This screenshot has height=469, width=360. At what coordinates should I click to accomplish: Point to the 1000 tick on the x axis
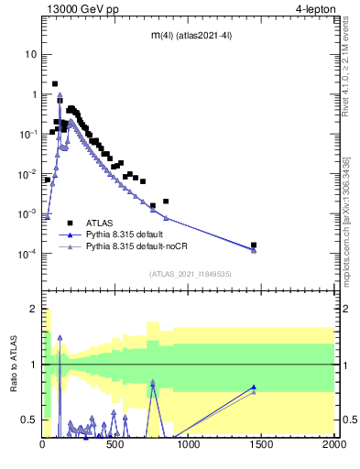pos(189,446)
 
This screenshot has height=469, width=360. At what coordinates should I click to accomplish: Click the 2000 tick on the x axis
pos(333,446)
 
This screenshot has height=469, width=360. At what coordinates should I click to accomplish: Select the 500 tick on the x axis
pos(115,446)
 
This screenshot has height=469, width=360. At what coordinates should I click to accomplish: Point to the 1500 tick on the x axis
pos(261,446)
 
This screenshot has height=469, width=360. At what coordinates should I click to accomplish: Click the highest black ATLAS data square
pos(55,83)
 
